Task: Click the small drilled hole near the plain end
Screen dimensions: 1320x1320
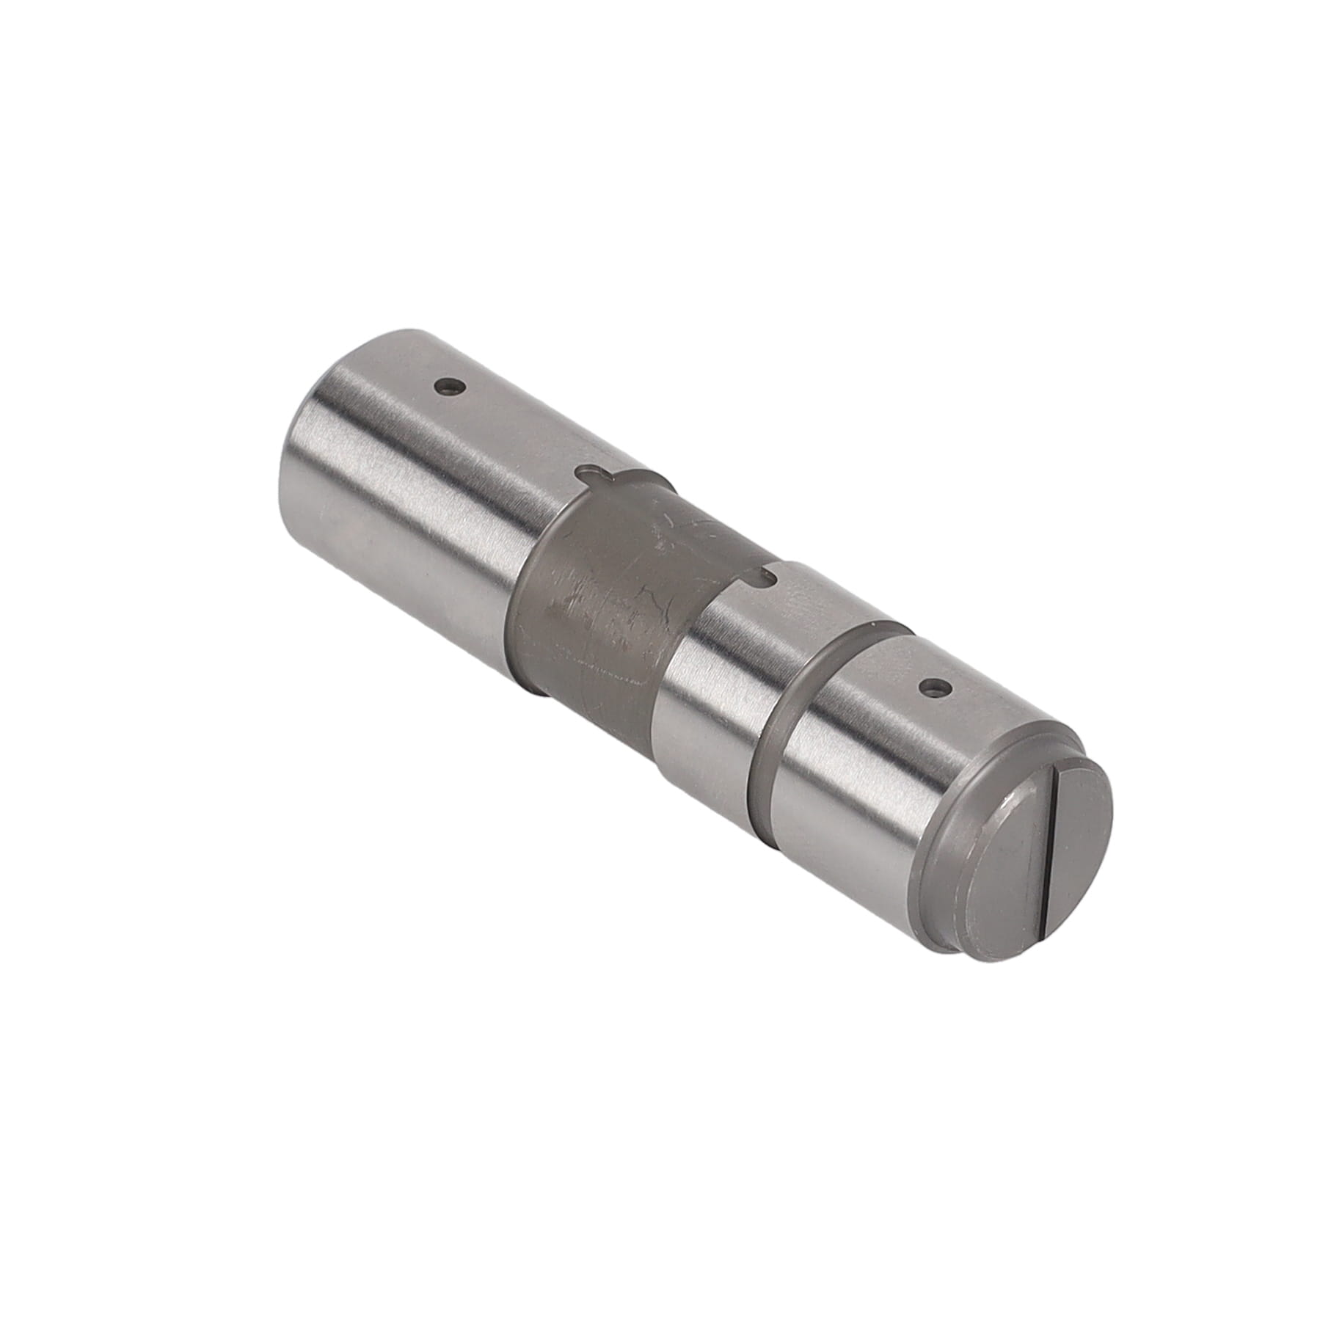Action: click(448, 386)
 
